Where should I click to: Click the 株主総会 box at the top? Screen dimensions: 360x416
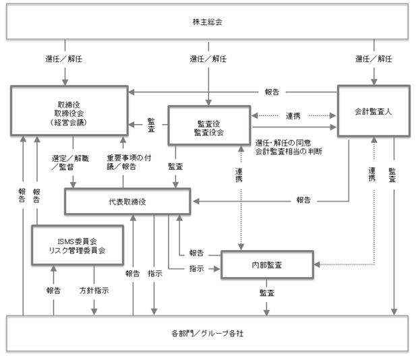pos(208,22)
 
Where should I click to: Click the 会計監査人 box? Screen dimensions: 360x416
pos(373,112)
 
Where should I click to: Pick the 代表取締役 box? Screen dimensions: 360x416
pos(127,200)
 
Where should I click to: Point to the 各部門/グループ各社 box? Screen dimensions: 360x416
pos(208,332)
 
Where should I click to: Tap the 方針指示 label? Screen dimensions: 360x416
pos(94,291)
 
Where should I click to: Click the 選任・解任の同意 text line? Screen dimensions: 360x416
pos(285,142)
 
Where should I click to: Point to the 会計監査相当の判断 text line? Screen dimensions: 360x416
pos(288,152)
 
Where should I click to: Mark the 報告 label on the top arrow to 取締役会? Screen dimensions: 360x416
pos(272,91)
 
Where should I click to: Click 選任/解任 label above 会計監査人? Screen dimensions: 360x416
pos(372,59)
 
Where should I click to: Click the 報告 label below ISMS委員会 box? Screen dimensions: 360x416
pos(53,291)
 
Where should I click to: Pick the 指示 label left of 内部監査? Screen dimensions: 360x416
pos(196,268)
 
